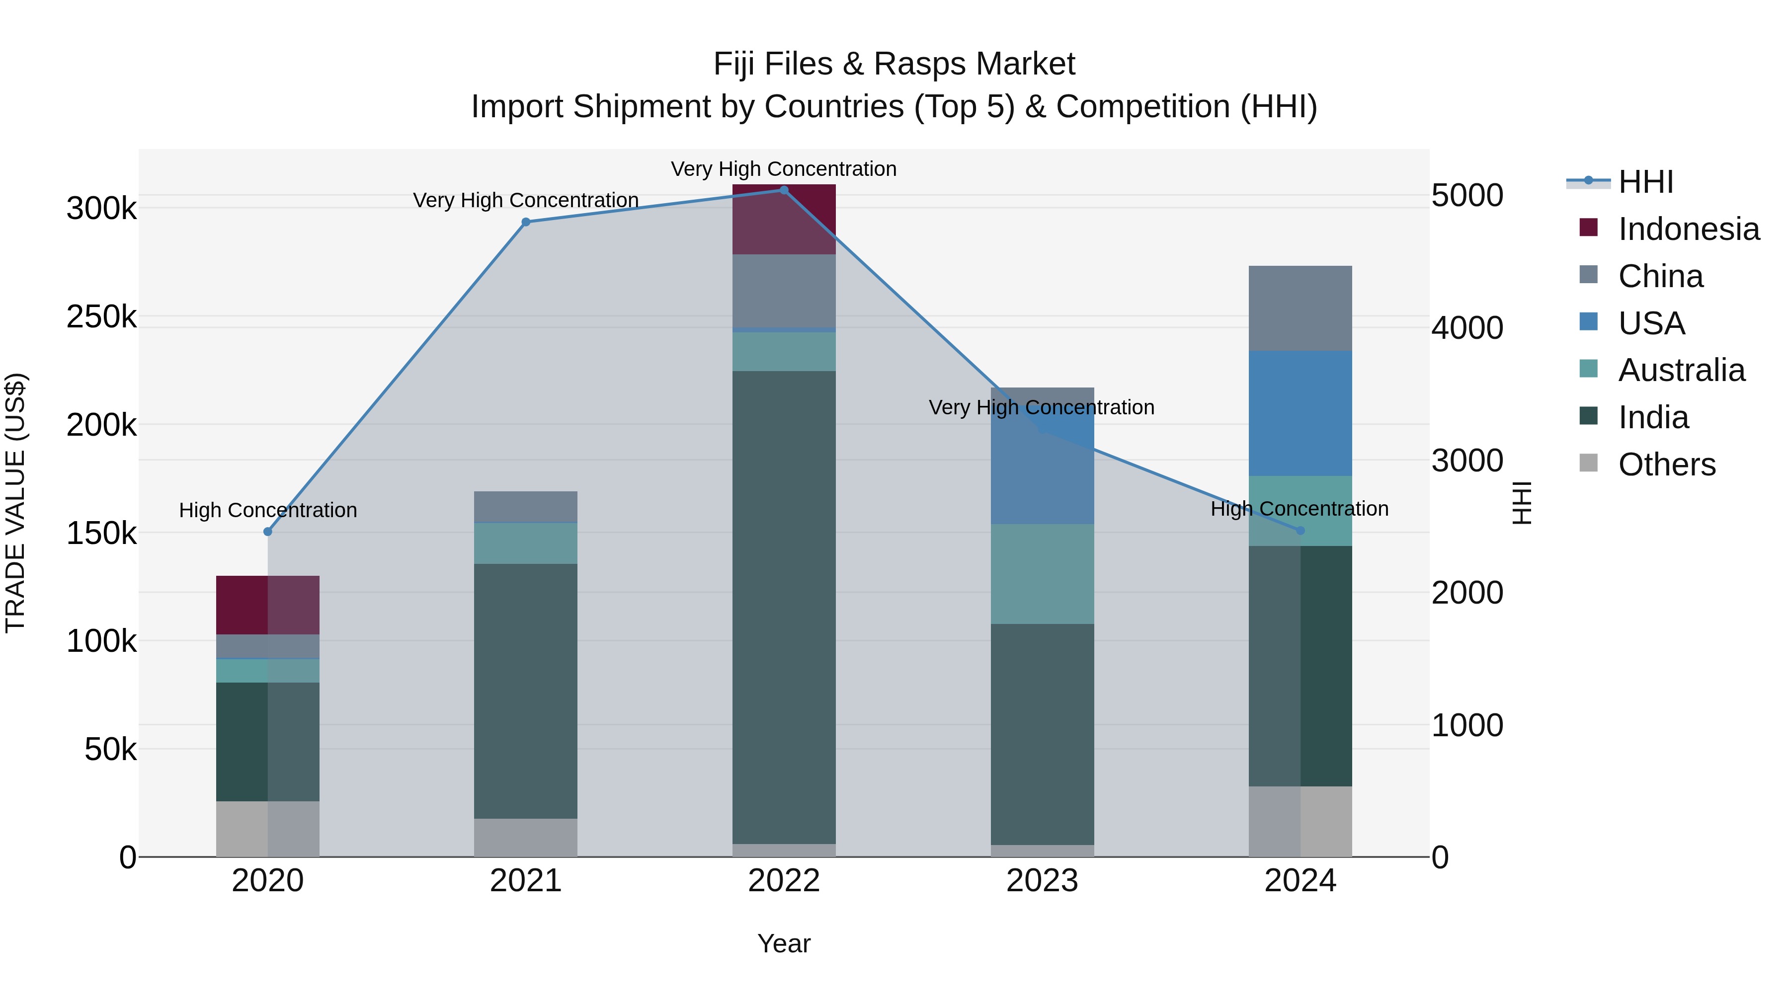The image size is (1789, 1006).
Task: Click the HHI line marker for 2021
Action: [x=526, y=222]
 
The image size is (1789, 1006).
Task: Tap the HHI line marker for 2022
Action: [x=784, y=190]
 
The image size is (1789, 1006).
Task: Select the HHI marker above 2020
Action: [x=268, y=532]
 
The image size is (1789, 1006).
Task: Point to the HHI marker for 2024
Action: [x=1301, y=531]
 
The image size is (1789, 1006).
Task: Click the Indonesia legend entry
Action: [x=1688, y=229]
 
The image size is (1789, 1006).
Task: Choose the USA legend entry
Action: [x=1651, y=323]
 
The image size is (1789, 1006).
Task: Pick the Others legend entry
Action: [x=1666, y=464]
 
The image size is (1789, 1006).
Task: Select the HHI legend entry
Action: [x=1644, y=182]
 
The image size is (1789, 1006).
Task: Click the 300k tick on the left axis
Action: [x=101, y=208]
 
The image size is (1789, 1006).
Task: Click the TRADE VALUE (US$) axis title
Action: [x=16, y=503]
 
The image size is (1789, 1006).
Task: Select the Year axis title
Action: [x=784, y=943]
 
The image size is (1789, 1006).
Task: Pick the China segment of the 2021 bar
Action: [x=526, y=506]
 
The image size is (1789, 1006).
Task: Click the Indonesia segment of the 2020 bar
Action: [x=268, y=605]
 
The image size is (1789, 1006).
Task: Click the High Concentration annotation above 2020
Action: [x=268, y=510]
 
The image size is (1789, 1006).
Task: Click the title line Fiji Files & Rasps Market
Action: [x=894, y=64]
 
